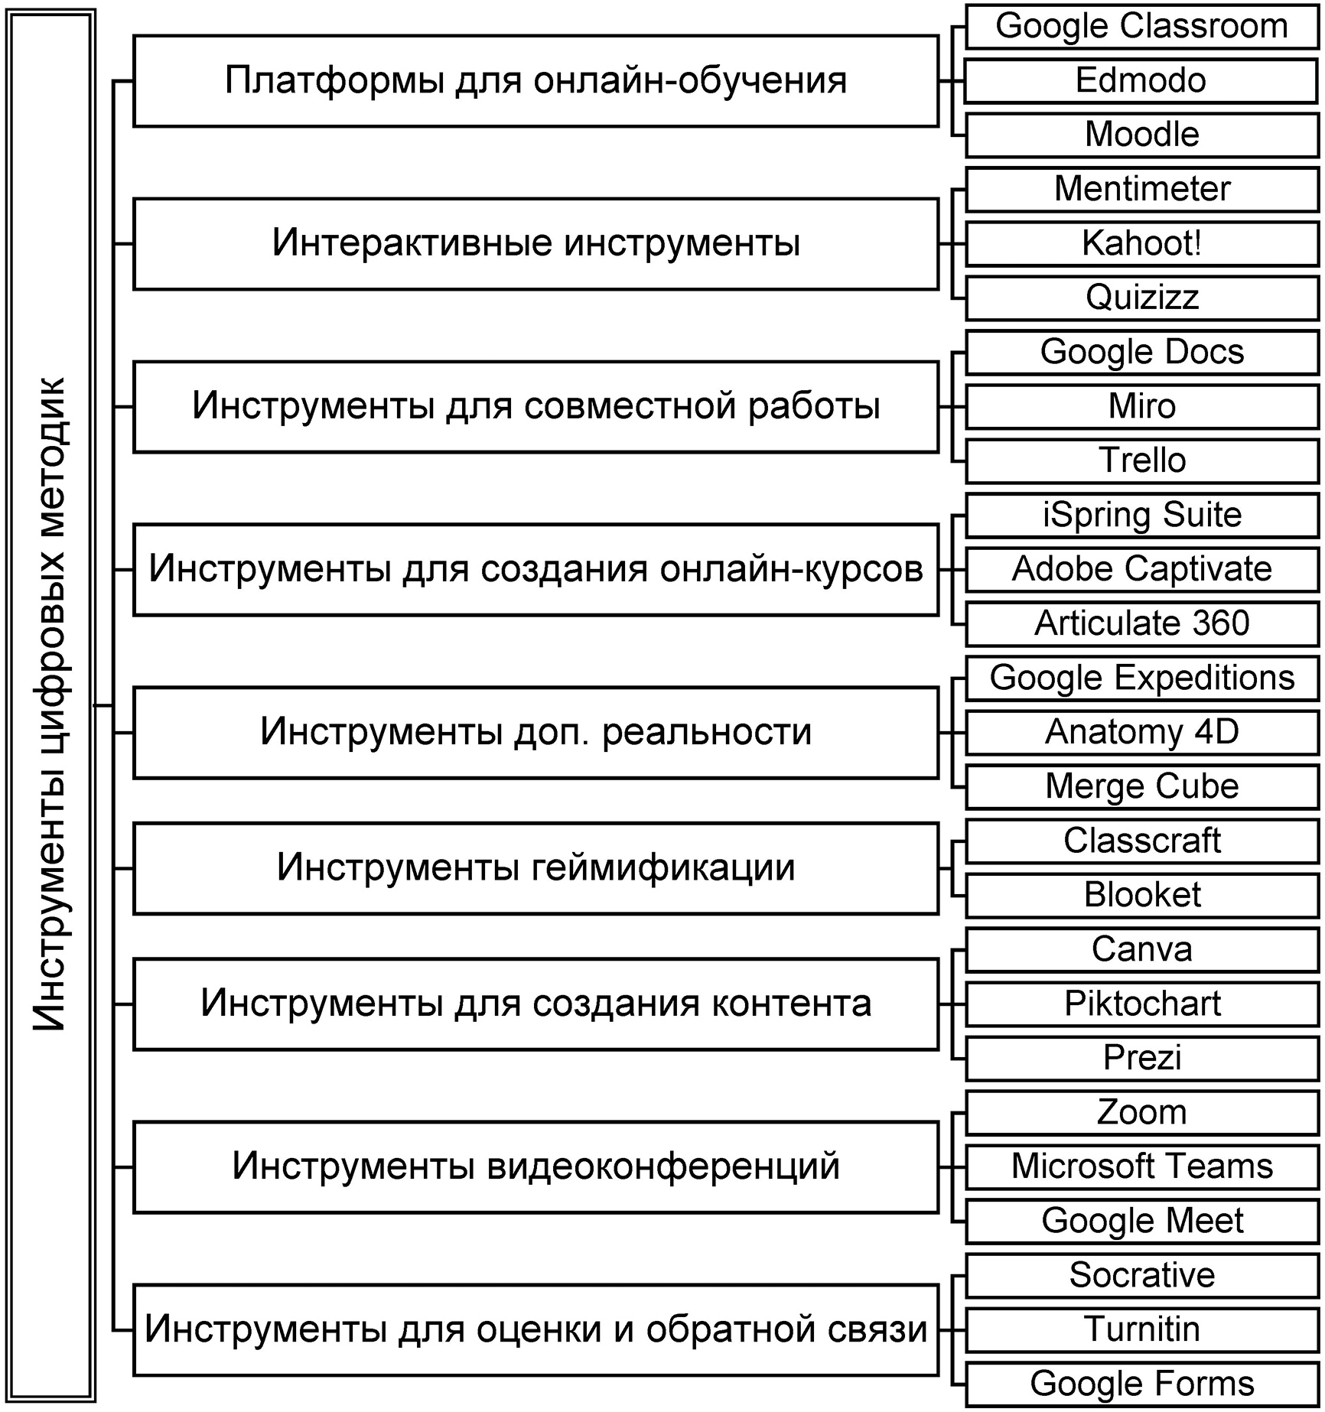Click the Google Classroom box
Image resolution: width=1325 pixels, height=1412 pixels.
point(1141,27)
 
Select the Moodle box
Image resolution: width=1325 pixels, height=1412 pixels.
point(1141,135)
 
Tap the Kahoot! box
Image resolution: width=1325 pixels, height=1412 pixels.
point(1141,243)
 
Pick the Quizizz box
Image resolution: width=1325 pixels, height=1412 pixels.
point(1141,298)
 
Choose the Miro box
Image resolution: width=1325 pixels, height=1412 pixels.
point(1141,406)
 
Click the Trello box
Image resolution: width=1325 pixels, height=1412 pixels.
point(1141,460)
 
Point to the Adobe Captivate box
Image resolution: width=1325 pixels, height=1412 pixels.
point(1141,569)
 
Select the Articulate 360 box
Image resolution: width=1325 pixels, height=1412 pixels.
point(1141,623)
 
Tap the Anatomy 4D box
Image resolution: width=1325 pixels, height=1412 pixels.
point(1141,732)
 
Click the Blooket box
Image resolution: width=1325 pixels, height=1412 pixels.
point(1141,895)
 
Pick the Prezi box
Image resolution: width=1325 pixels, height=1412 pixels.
point(1141,1058)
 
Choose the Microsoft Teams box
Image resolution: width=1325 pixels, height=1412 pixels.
point(1141,1166)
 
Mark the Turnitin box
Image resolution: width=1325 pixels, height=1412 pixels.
point(1141,1329)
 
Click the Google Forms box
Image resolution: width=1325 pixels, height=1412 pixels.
point(1141,1384)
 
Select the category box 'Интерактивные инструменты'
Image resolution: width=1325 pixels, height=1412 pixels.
point(536,243)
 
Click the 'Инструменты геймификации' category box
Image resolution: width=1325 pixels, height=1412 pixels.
point(536,868)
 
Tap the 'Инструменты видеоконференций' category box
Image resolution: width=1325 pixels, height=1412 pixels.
point(536,1166)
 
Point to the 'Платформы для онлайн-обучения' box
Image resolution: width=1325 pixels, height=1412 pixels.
point(536,80)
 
